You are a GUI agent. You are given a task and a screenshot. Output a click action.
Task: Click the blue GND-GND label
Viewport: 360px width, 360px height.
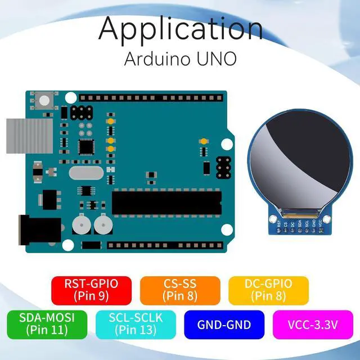pos(223,325)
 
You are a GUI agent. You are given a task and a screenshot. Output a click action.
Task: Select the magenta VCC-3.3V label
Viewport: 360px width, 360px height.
pos(314,325)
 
